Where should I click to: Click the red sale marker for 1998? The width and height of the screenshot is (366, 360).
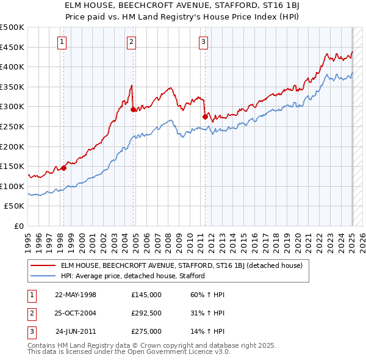tap(63, 168)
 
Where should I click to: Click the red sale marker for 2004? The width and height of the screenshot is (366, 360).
tap(133, 110)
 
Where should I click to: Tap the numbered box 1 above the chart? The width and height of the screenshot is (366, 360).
tap(63, 42)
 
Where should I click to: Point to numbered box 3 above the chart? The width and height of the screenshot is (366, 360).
tap(203, 42)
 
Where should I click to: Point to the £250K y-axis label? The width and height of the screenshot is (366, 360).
tap(12, 126)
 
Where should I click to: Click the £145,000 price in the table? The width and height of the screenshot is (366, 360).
tap(146, 295)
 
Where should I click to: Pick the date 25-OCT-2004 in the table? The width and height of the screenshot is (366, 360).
tap(76, 313)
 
